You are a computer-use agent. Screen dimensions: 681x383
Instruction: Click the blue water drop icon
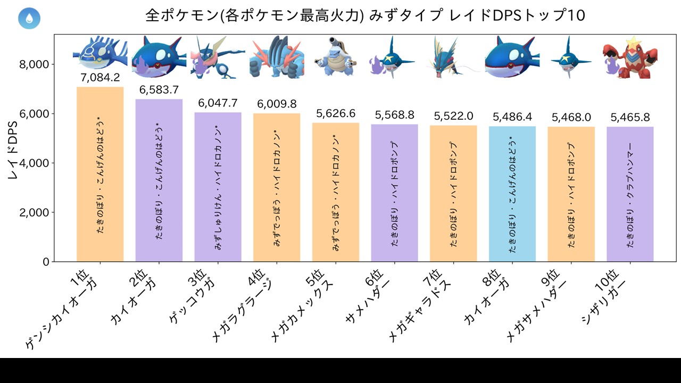pos(29,18)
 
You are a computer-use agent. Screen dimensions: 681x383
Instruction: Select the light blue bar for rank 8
pos(512,194)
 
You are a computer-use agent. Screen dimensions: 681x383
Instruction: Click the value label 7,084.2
pos(100,78)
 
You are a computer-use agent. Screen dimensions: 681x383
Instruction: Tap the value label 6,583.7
pos(159,90)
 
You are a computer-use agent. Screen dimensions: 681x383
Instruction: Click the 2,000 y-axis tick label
pos(34,212)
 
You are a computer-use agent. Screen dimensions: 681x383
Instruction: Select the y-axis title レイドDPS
pos(13,150)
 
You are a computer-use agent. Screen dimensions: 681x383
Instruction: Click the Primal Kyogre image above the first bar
pos(100,56)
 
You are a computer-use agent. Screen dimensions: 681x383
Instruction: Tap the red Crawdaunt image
pos(630,58)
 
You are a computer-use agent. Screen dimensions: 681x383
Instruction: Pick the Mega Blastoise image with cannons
pos(336,57)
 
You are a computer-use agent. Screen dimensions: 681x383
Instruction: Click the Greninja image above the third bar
pos(218,57)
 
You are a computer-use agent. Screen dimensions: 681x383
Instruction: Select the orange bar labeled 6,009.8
pos(277,188)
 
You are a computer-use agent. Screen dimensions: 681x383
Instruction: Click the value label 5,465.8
pos(630,118)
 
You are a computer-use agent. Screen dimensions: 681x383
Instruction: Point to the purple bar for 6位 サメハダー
pos(395,193)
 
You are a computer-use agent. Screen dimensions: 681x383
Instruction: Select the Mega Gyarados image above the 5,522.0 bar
pos(453,57)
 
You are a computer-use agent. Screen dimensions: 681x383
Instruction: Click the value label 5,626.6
pos(336,114)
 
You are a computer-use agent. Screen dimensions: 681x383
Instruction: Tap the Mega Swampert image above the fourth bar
pos(277,57)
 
